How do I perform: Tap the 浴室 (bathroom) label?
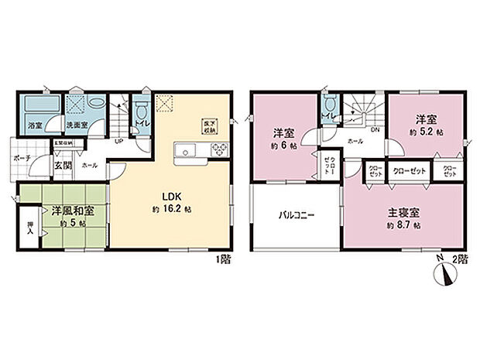point(36,124)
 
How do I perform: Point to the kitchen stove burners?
point(215,151)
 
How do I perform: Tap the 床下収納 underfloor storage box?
point(208,127)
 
